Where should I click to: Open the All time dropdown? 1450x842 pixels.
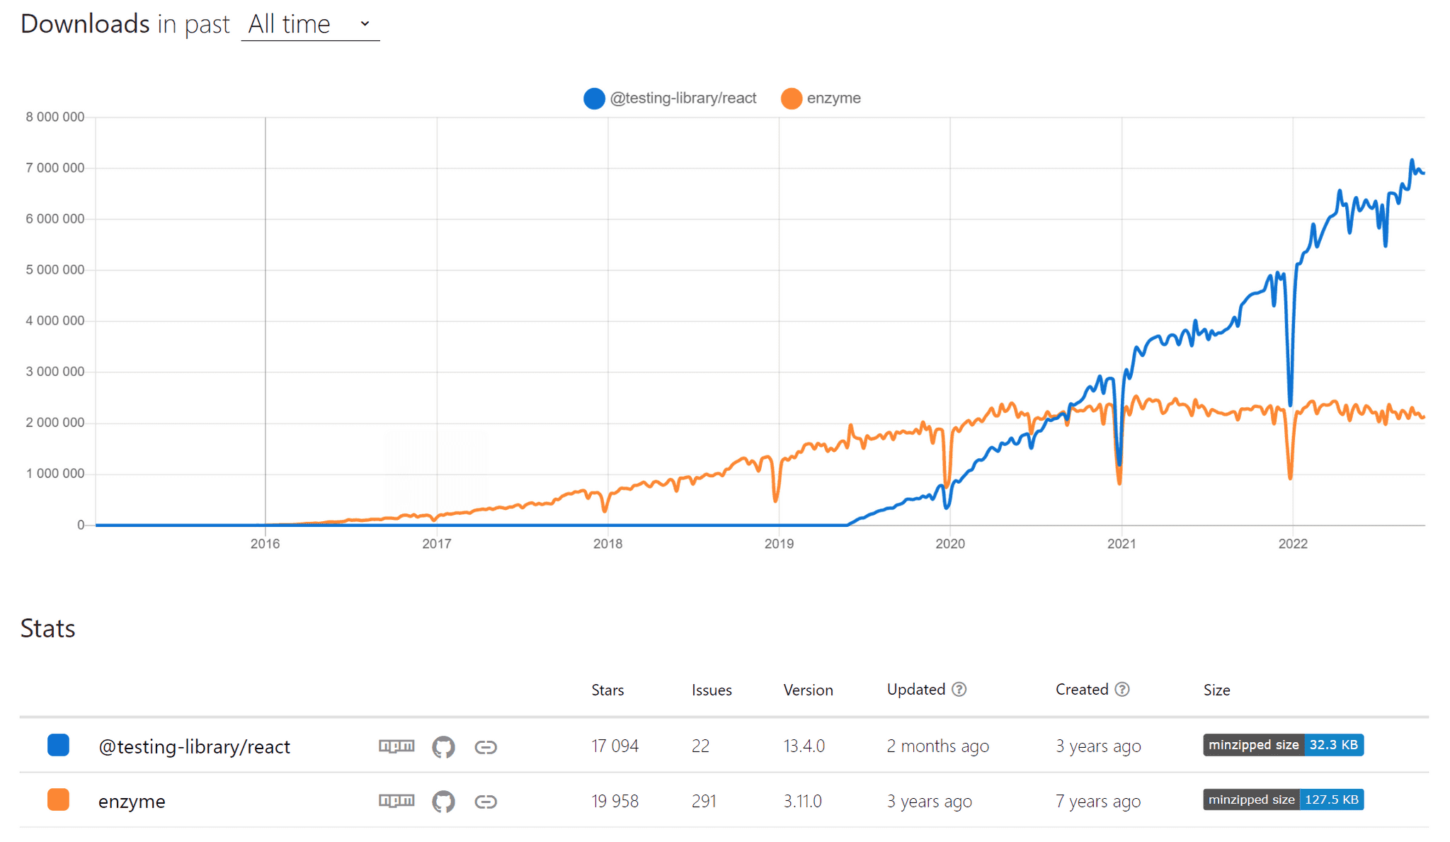[310, 25]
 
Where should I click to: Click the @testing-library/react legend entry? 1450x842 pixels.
[670, 98]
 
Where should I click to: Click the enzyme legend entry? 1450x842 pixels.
[821, 98]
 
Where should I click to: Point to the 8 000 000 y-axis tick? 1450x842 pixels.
[55, 117]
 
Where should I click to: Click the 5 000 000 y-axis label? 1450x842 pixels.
[55, 270]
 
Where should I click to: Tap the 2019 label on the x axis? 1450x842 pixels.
[779, 544]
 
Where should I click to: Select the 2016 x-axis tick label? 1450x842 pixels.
[265, 544]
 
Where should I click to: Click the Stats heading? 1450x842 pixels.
[47, 629]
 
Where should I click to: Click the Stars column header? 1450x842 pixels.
[607, 690]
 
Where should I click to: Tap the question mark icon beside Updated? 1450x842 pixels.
[959, 690]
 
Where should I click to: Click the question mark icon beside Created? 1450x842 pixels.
[1122, 690]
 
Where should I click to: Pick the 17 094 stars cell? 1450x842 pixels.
[615, 746]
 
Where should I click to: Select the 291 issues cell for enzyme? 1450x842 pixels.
[704, 802]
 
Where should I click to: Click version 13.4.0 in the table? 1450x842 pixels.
[804, 746]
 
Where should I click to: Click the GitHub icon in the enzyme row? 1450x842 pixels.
[443, 802]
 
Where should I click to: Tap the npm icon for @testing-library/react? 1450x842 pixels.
[396, 746]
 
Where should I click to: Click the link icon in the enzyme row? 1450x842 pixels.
[486, 802]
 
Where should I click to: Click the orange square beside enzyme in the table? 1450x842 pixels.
[58, 800]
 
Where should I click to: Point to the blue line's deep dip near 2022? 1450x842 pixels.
[1290, 404]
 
